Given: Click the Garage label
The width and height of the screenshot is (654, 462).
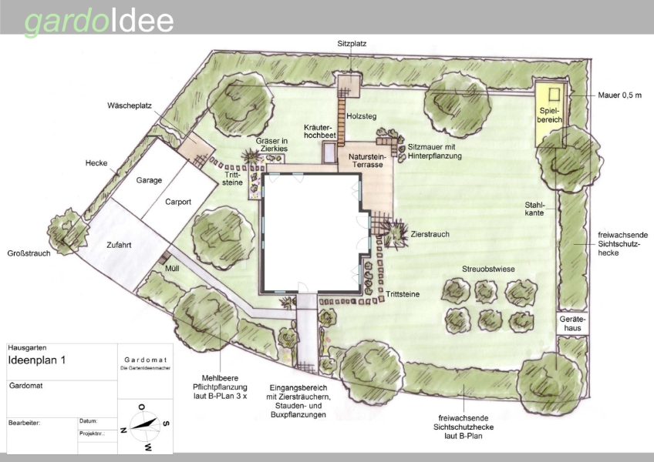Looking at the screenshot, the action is (x=149, y=180).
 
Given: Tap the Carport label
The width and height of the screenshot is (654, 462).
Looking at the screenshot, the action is (x=178, y=202).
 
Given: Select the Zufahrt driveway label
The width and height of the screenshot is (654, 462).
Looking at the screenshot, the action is (x=119, y=245).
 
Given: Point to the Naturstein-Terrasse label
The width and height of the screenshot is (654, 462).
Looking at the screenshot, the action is (x=367, y=160).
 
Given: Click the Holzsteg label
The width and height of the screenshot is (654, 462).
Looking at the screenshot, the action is (x=362, y=116).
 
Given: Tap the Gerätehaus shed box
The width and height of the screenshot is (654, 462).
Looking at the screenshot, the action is (x=572, y=323).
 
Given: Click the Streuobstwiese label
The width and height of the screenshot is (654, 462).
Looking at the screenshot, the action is (x=488, y=269).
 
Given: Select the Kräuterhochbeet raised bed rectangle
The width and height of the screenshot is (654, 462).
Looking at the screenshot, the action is (x=329, y=152).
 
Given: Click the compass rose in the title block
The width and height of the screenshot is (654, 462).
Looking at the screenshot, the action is (x=144, y=426).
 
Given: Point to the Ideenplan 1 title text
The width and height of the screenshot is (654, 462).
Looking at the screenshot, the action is (x=37, y=360).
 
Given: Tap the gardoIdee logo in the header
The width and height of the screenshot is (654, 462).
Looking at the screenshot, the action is (x=99, y=21).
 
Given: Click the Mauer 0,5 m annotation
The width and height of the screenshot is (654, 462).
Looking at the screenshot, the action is (x=619, y=95).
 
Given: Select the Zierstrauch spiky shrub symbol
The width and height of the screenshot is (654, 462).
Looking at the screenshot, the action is (x=395, y=234).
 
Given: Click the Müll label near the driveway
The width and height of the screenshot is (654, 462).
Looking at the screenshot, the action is (x=172, y=269).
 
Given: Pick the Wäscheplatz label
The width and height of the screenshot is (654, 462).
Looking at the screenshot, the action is (x=130, y=105).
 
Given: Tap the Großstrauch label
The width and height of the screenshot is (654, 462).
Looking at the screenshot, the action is (x=29, y=253).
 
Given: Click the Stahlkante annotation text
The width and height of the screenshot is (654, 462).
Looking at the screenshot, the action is (x=534, y=209).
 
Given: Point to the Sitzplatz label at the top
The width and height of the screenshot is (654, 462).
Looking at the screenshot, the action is (x=352, y=44).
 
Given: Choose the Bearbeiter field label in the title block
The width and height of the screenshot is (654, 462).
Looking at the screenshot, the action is (x=24, y=423).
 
